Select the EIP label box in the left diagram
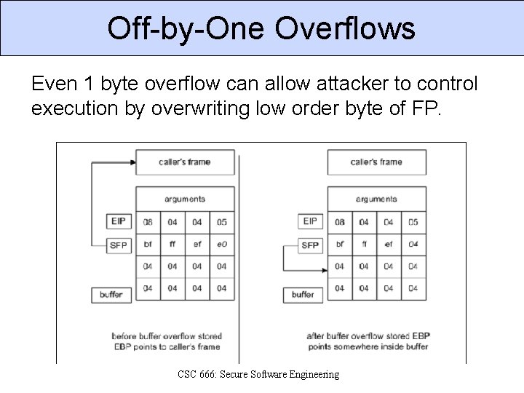(x=118, y=221)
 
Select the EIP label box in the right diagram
(x=310, y=221)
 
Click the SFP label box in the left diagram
(x=118, y=245)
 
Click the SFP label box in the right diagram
(x=310, y=245)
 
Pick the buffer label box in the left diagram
(x=111, y=295)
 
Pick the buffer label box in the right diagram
(x=303, y=295)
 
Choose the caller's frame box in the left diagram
(x=184, y=162)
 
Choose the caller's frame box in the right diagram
(x=376, y=162)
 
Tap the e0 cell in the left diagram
(x=222, y=245)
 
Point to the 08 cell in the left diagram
(x=148, y=222)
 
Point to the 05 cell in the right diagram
(x=413, y=222)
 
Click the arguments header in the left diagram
(x=185, y=199)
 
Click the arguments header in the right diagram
(x=376, y=199)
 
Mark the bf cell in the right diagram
(x=340, y=245)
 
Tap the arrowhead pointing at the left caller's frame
(x=132, y=162)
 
